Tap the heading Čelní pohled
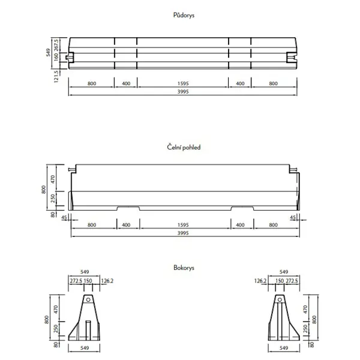tap(179, 147)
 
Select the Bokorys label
tap(179, 268)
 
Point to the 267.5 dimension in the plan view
tap(56, 44)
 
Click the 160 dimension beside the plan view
tap(56, 56)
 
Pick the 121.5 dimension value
tap(56, 76)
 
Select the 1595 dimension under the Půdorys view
tap(183, 84)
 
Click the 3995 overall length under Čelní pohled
tap(183, 233)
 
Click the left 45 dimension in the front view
tap(64, 217)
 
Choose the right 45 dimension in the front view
tap(293, 217)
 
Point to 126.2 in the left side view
tap(107, 281)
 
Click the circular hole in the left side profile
tap(88, 299)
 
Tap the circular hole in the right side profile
tap(279, 299)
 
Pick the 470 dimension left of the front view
tap(53, 178)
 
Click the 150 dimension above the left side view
tap(88, 281)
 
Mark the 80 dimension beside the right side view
tap(312, 344)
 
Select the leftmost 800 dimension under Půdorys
tap(92, 84)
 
